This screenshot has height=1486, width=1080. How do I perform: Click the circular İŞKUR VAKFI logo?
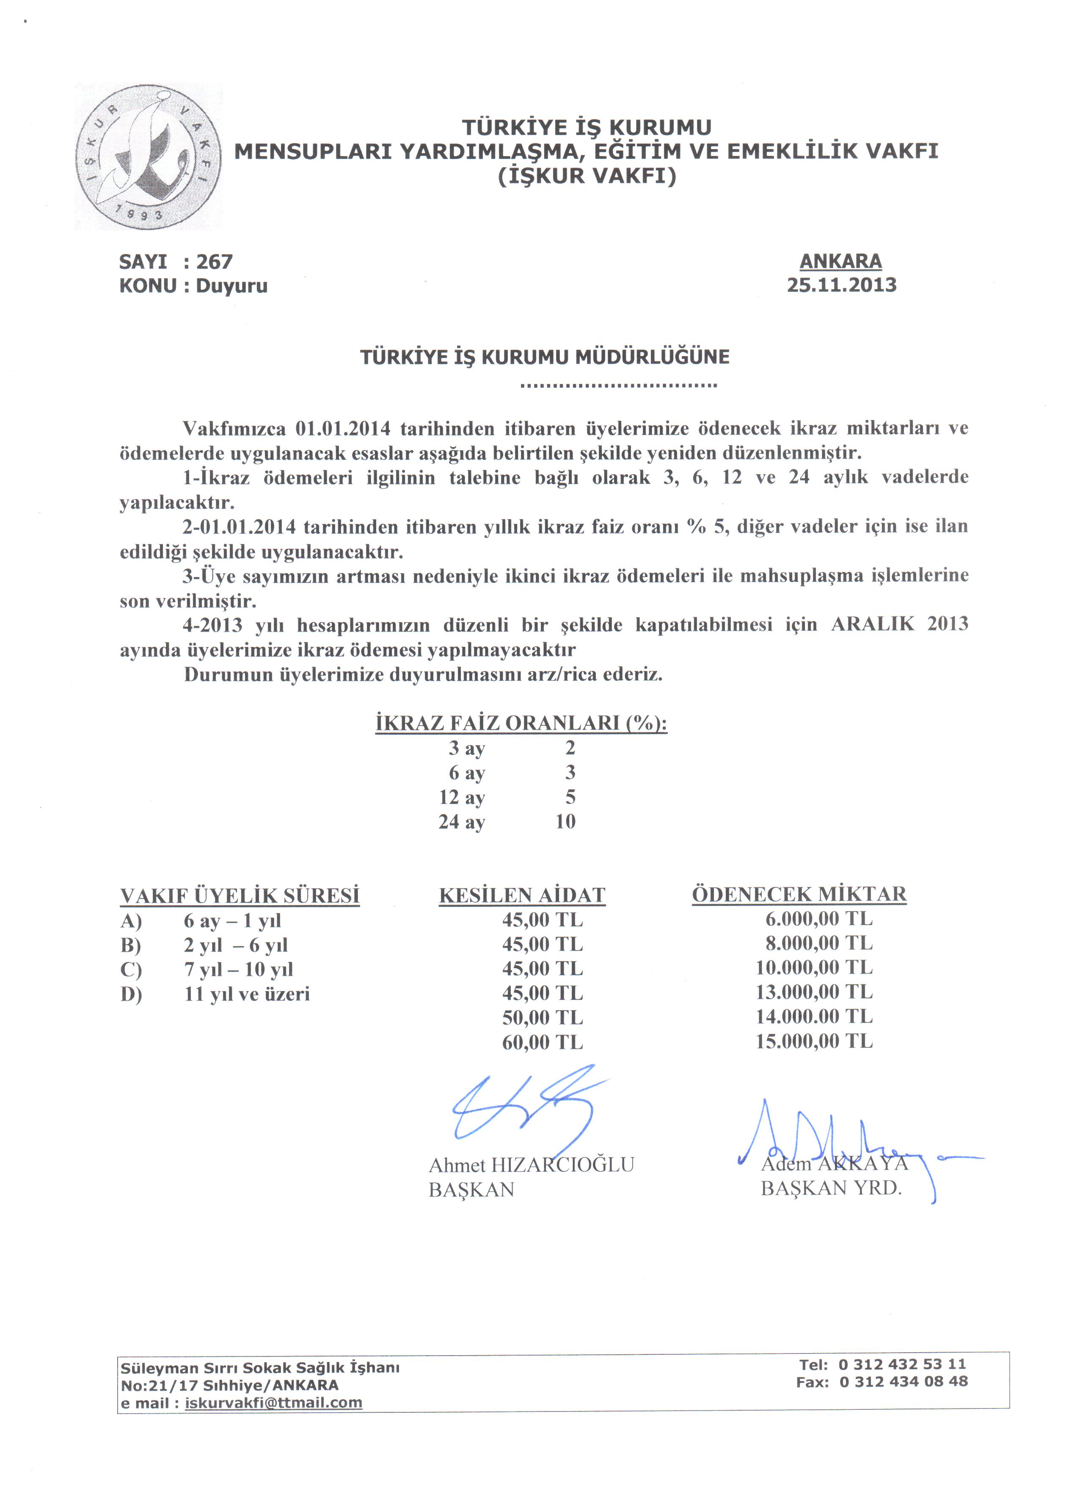(148, 157)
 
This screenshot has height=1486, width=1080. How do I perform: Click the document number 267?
(214, 262)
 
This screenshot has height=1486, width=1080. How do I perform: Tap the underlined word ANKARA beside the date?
(840, 261)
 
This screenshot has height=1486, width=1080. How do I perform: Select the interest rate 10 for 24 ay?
(565, 822)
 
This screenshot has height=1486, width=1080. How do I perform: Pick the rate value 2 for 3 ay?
(570, 748)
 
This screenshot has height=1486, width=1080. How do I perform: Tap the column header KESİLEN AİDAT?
(522, 896)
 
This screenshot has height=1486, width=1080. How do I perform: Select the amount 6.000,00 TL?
(819, 919)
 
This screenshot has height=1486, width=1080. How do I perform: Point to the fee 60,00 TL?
(542, 1042)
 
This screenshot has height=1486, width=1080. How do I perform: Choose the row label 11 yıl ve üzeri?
(247, 994)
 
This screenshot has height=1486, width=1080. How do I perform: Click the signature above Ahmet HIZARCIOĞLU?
(524, 1107)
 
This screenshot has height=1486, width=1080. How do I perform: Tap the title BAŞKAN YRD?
(831, 1188)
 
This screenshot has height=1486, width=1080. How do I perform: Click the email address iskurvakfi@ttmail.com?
(274, 1402)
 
